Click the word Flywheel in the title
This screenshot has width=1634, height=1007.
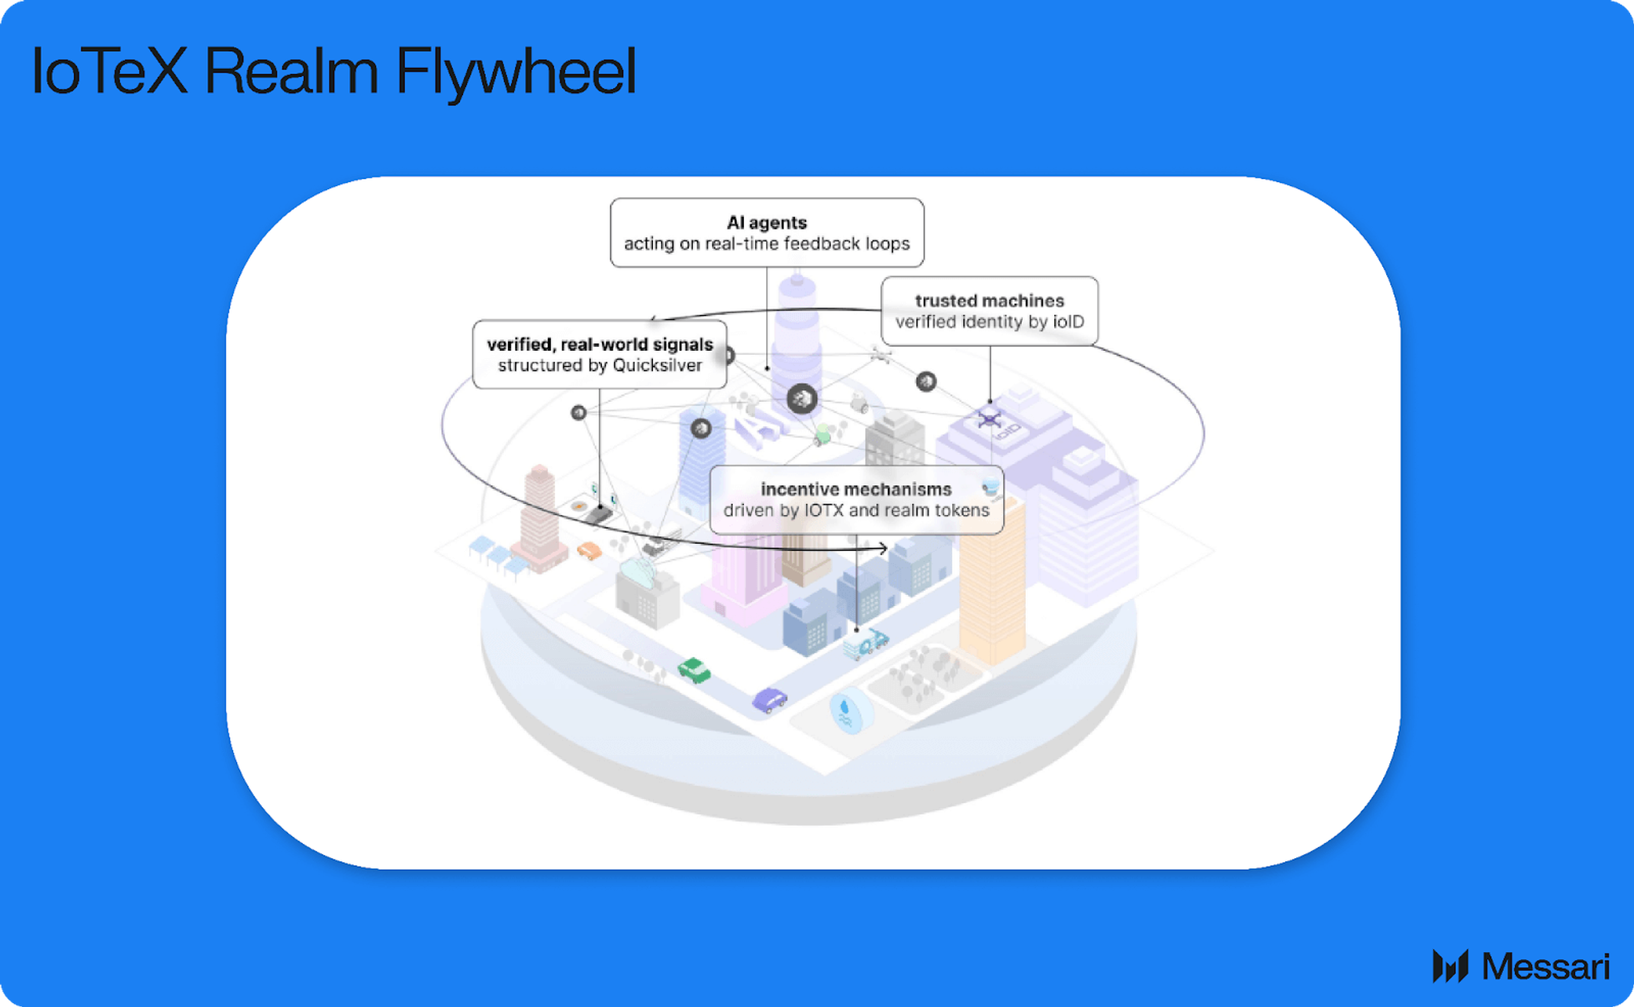(x=516, y=71)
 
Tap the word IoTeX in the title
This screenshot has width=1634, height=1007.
(x=109, y=71)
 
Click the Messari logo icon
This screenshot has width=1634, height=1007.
(x=1450, y=966)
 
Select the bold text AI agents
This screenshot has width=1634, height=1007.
(x=767, y=223)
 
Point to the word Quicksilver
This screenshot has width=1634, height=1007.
(x=658, y=365)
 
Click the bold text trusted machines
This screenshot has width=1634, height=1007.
(x=989, y=301)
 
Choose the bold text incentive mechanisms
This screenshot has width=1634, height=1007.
(x=856, y=489)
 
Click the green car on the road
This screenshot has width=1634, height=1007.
(x=694, y=670)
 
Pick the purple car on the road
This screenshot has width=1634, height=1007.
(x=769, y=699)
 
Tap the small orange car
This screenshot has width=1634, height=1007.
(x=589, y=550)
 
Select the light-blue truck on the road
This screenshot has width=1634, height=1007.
(x=865, y=645)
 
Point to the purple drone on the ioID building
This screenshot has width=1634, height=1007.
(x=989, y=420)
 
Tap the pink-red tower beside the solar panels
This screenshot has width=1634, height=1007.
(x=539, y=519)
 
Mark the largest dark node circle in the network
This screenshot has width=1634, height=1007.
(x=802, y=398)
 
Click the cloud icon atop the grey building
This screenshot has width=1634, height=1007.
(x=639, y=570)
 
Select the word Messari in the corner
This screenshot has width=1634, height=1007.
(x=1546, y=967)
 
